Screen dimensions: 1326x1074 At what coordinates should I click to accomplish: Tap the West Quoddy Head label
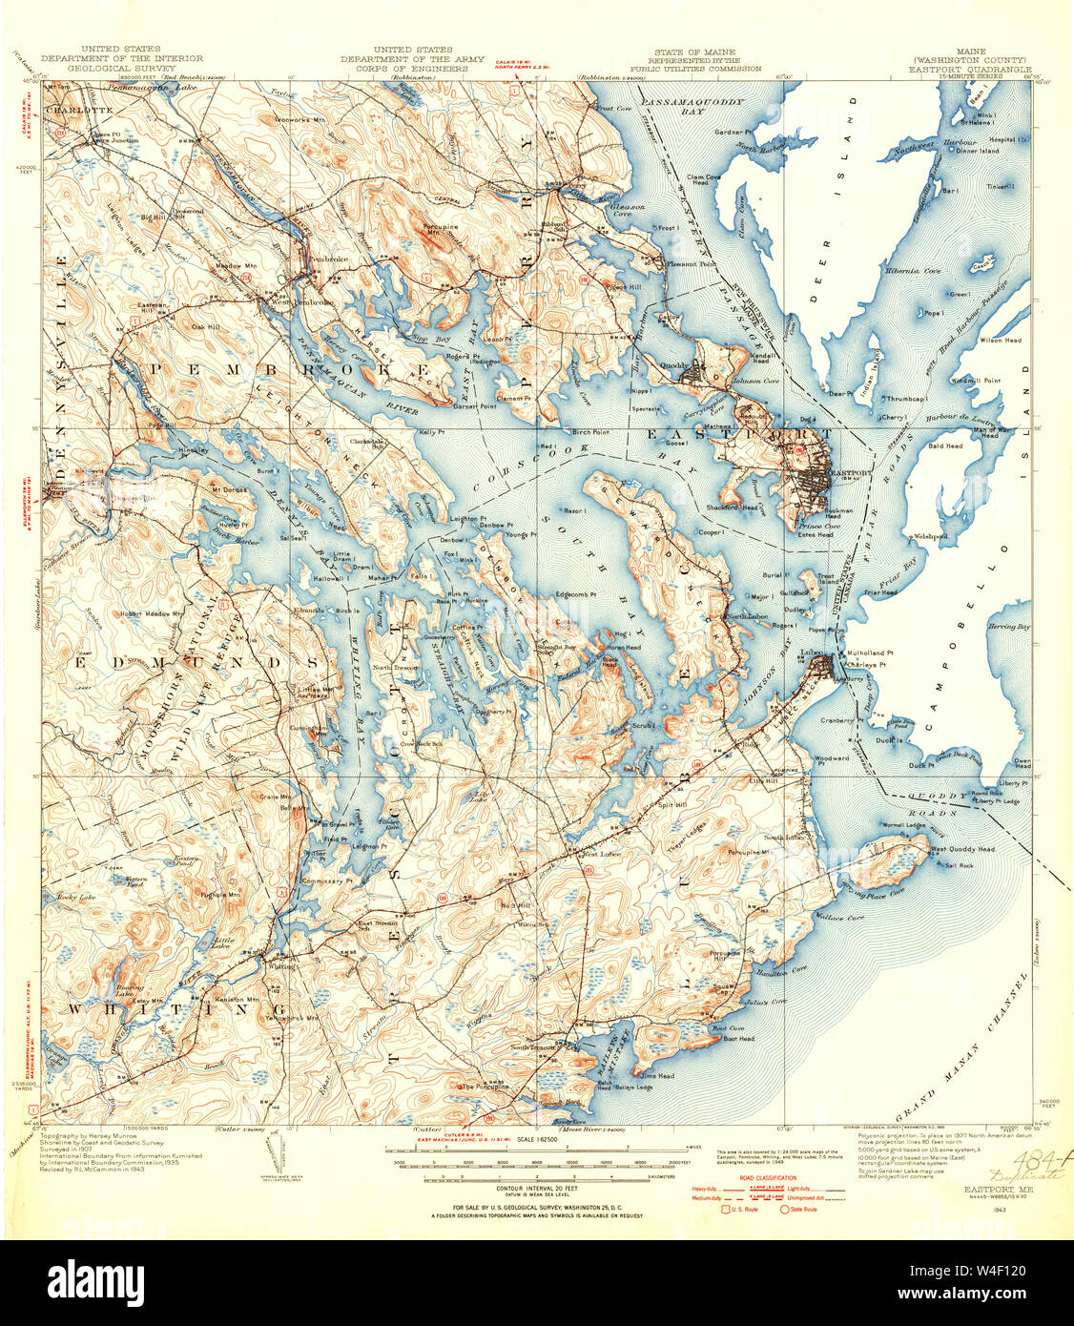[962, 849]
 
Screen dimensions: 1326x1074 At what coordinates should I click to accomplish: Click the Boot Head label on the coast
[738, 1039]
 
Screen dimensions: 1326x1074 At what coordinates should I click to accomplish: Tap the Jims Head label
[658, 1076]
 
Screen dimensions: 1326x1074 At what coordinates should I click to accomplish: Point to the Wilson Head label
[1000, 340]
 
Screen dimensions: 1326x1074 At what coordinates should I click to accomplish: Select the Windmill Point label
[978, 381]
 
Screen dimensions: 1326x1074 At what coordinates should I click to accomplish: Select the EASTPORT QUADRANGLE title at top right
[970, 69]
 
